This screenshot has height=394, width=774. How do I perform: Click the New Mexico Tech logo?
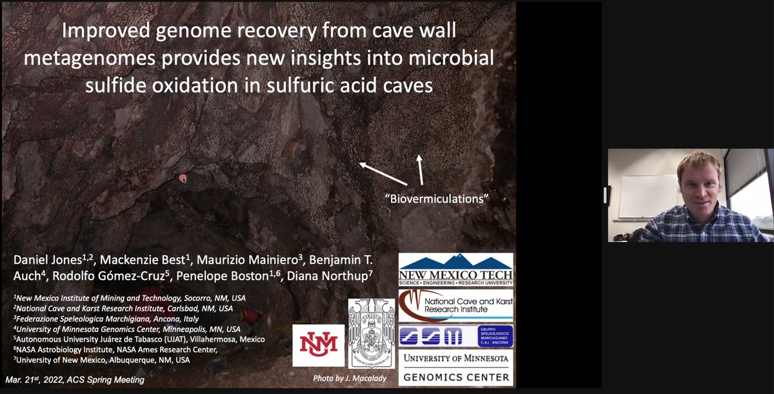[x=455, y=269]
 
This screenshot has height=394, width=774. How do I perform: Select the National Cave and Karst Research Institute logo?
[x=455, y=305]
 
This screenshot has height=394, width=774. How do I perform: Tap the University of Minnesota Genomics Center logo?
[x=455, y=367]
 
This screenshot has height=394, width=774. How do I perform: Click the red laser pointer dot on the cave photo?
[x=183, y=178]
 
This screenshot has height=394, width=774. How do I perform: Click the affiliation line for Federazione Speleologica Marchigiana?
[x=106, y=318]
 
